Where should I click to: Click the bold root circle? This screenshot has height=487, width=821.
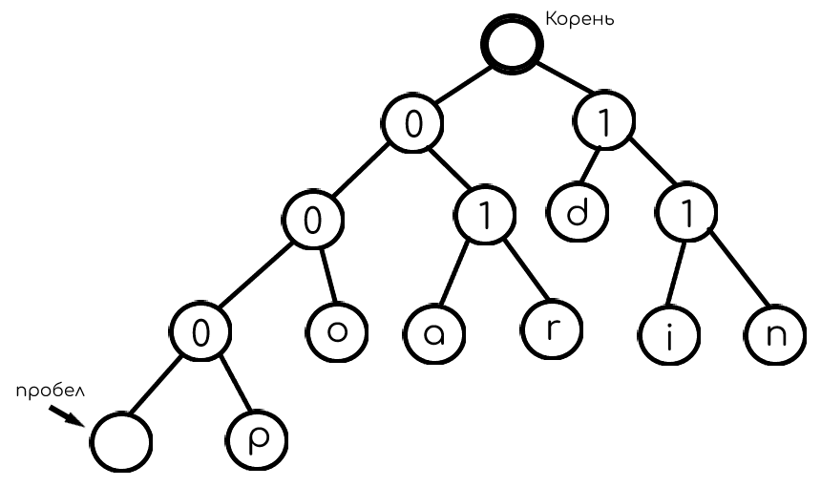[512, 42]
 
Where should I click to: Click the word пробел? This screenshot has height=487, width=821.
[47, 392]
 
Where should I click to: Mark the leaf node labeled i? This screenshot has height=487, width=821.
[665, 337]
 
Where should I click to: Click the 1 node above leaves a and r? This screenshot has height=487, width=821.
[483, 216]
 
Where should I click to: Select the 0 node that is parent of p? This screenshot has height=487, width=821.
[200, 333]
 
